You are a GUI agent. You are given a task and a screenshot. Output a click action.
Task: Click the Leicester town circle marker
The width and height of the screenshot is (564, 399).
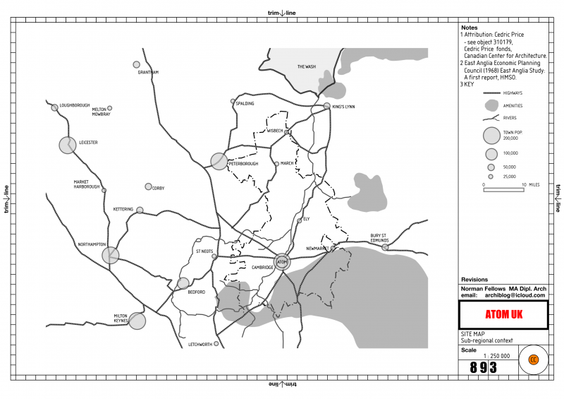(67, 145)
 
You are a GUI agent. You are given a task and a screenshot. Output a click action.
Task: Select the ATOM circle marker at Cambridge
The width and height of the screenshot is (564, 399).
(281, 262)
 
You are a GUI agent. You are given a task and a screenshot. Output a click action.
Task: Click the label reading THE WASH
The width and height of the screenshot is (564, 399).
(306, 67)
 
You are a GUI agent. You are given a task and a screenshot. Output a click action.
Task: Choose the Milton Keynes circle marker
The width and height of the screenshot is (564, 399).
(137, 321)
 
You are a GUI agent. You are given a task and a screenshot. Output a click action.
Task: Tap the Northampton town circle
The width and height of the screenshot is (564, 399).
(110, 255)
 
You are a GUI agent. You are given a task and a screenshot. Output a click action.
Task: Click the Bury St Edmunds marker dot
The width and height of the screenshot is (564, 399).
(385, 247)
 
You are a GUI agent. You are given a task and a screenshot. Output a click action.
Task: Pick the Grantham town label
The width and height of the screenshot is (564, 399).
(148, 72)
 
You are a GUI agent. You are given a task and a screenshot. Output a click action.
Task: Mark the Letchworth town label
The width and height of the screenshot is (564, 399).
(200, 345)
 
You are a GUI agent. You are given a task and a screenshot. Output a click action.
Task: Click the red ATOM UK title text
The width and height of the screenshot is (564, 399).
(503, 314)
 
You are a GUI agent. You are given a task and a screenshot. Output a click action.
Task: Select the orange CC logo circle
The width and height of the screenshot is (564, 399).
(534, 359)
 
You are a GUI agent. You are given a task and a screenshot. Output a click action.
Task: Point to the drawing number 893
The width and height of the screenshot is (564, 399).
(483, 367)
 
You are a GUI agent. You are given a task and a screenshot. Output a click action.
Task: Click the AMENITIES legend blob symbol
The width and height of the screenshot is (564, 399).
(491, 105)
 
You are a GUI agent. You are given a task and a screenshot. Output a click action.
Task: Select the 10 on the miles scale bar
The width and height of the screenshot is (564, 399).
(524, 184)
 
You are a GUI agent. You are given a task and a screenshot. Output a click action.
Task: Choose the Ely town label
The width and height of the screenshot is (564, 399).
(306, 219)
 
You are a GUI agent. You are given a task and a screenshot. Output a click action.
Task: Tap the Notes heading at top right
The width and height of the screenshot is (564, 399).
(469, 28)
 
